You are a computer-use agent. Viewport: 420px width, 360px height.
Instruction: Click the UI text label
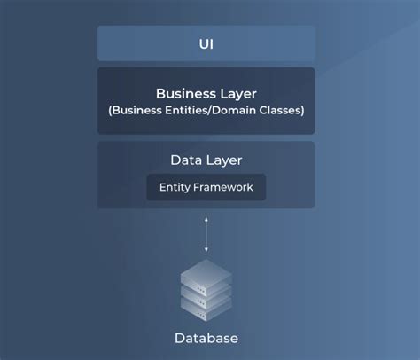coord(206,43)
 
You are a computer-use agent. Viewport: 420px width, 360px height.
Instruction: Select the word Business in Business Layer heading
coord(184,93)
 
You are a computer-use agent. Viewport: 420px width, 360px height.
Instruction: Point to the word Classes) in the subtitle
coord(279,110)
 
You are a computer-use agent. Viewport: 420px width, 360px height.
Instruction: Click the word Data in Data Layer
coord(186,160)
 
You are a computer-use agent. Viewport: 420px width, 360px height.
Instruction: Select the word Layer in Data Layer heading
coord(224,160)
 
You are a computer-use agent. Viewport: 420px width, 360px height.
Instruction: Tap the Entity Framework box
coord(206,187)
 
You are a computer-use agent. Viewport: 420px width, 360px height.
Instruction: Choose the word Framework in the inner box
coord(223,187)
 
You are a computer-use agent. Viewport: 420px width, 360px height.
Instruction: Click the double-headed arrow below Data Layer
coord(206,233)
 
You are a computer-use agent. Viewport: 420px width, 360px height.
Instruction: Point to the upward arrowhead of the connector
coord(206,218)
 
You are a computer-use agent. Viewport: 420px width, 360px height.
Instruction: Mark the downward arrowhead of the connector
coord(206,249)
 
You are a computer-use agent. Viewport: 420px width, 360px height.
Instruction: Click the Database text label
coord(206,339)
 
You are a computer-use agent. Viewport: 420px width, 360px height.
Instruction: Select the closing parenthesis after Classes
coord(302,110)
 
